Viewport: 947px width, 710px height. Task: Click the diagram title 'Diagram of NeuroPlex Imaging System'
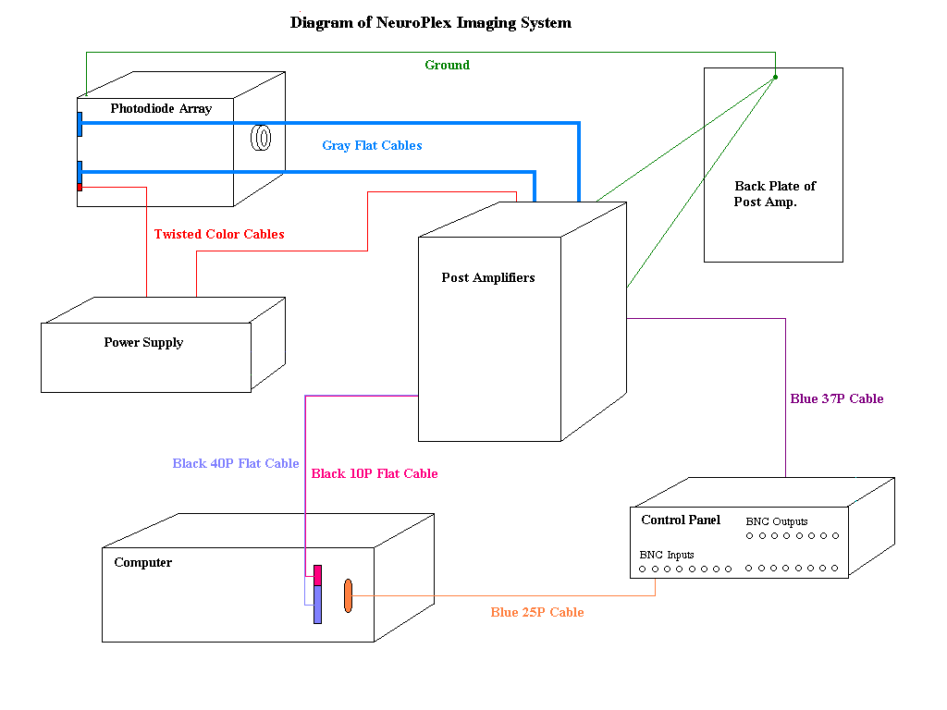click(430, 23)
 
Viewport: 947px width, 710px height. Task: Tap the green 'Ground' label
click(447, 66)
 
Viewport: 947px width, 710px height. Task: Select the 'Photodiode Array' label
click(161, 109)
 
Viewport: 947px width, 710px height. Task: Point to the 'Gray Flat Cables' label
click(372, 146)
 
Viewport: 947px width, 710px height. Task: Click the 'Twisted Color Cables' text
click(219, 235)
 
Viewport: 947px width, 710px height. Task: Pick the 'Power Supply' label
click(143, 343)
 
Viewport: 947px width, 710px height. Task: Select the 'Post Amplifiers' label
click(488, 278)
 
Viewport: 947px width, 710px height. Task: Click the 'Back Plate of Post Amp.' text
click(774, 194)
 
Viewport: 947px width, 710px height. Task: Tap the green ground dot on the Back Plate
click(775, 77)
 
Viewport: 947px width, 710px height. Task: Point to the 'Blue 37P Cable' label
click(837, 399)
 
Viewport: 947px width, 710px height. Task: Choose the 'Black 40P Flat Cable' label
click(236, 464)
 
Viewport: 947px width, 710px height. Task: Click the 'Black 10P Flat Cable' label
click(375, 474)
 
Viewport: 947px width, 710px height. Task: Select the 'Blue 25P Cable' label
click(537, 613)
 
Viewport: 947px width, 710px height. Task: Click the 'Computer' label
click(143, 563)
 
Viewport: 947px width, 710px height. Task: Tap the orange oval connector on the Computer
click(349, 595)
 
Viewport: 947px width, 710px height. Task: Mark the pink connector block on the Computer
click(317, 575)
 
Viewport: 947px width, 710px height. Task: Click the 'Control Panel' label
click(681, 520)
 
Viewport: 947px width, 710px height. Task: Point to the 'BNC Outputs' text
click(777, 522)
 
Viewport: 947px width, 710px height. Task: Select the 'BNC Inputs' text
click(667, 556)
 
